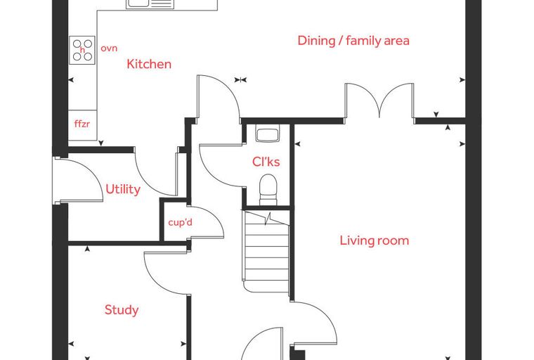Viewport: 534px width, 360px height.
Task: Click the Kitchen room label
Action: click(149, 64)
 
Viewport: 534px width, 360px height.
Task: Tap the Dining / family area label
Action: click(353, 41)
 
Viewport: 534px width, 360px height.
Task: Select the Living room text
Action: click(375, 240)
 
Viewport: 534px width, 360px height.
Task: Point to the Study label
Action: click(122, 310)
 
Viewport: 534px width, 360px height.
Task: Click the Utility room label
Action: click(123, 190)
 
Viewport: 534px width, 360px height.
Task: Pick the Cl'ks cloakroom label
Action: click(266, 162)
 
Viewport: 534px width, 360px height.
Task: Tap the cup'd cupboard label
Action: click(180, 223)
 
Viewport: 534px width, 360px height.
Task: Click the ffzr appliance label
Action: click(82, 124)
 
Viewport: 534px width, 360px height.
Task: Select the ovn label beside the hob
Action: click(109, 49)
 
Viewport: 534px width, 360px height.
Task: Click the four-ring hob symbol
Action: click(82, 50)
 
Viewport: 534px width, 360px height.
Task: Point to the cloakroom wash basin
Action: click(268, 134)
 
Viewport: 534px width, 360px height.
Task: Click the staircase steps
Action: click(267, 252)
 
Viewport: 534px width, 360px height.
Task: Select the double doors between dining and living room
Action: click(379, 101)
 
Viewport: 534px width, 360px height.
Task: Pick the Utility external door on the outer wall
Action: click(78, 179)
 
